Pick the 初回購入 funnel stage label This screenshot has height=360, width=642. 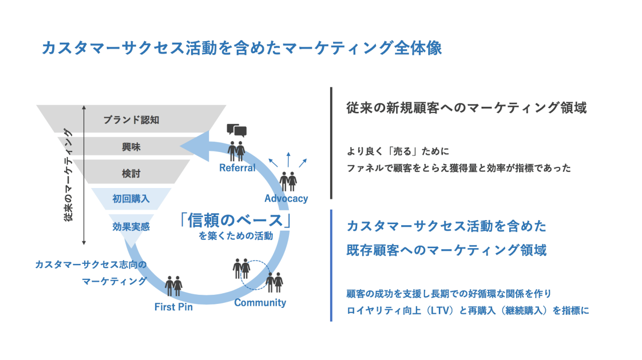[131, 199]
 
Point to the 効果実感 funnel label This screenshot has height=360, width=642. [131, 226]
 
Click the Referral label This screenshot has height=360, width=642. [237, 168]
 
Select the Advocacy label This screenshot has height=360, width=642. [286, 199]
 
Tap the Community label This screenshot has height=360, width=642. [260, 302]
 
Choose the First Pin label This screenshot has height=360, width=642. [174, 307]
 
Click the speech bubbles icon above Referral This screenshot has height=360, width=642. [237, 130]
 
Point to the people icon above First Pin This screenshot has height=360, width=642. [174, 286]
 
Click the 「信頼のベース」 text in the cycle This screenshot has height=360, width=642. [236, 220]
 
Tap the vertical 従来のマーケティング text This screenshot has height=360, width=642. [69, 175]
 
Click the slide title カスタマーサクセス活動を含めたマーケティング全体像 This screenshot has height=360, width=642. [241, 48]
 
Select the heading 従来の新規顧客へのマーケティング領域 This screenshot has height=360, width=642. [466, 108]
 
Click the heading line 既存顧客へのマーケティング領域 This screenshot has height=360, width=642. [446, 250]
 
